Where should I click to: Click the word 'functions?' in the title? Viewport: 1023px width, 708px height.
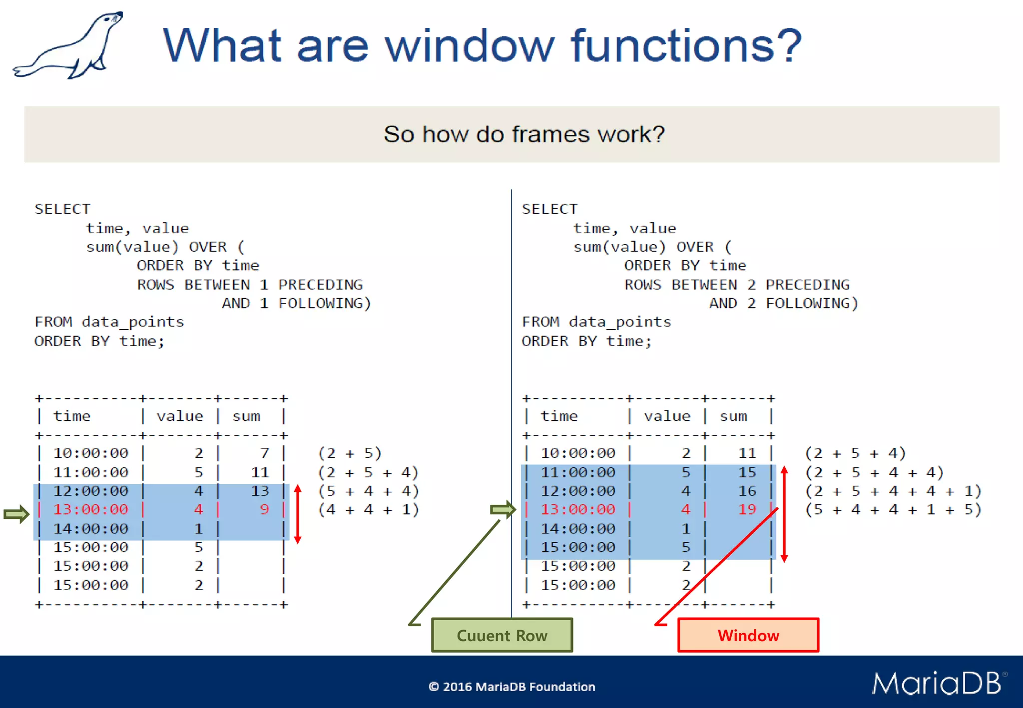point(686,46)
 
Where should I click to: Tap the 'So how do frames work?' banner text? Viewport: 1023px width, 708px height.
point(524,134)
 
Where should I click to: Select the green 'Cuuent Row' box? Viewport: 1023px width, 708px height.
point(502,635)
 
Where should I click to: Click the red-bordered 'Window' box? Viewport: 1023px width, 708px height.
point(748,635)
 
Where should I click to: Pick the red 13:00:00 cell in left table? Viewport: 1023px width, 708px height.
point(91,509)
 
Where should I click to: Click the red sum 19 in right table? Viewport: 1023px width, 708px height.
point(747,509)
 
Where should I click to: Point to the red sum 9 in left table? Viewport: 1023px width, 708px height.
point(264,509)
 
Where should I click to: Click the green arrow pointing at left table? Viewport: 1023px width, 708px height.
point(16,514)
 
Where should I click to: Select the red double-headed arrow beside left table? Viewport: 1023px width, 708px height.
point(298,514)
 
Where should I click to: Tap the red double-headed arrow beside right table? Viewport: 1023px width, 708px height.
point(784,514)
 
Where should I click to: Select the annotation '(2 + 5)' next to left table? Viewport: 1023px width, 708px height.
point(350,453)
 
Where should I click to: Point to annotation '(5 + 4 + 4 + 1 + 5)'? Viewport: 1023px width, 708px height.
point(893,510)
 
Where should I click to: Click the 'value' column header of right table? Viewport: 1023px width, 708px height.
point(667,416)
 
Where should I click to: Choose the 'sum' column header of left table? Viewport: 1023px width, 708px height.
point(246,416)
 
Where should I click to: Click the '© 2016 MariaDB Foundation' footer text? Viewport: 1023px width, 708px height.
point(511,687)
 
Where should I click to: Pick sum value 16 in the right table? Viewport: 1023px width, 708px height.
point(747,491)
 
